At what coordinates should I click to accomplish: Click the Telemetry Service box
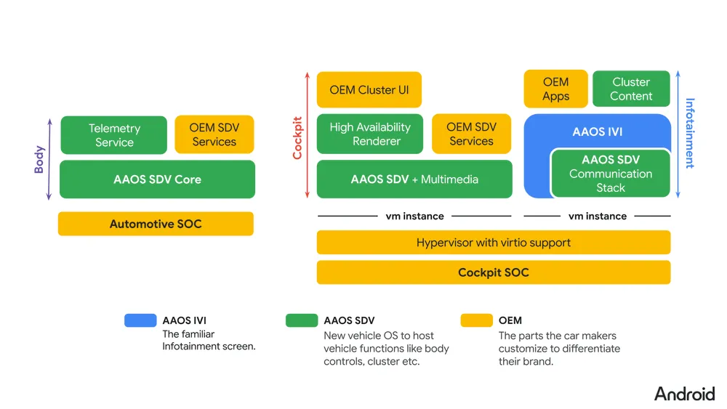pos(113,135)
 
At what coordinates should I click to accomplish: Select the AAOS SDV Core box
pos(157,179)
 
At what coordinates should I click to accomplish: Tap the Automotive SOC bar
pos(156,224)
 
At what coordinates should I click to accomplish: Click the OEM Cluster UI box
pos(369,90)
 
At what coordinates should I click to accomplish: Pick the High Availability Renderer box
pos(369,134)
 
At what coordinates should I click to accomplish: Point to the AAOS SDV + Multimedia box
pos(414,179)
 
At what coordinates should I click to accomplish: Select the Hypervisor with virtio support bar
pos(493,243)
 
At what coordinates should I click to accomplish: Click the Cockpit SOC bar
pos(493,272)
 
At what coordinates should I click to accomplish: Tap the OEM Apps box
pos(555,89)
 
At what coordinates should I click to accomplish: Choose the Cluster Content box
pos(631,89)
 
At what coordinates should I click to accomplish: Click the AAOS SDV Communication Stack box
pos(610,174)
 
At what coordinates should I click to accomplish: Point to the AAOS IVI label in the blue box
pos(597,132)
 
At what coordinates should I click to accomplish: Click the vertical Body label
pos(39,159)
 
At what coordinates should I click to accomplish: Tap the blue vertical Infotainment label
pos(689,134)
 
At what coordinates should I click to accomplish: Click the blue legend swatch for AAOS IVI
pos(140,320)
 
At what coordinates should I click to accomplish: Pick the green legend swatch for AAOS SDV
pos(302,320)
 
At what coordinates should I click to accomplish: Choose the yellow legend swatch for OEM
pos(476,320)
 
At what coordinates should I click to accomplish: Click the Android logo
pos(684,394)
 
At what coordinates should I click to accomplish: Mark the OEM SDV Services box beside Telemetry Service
pos(214,135)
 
